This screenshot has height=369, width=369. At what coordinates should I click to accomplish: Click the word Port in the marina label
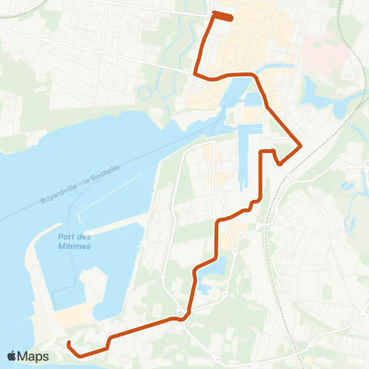66,237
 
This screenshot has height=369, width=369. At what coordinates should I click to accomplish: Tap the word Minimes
75,246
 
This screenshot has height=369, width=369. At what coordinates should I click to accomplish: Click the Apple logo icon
12,356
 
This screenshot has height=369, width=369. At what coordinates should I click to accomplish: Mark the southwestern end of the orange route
68,343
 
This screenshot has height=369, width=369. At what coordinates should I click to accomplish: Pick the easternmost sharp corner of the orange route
301,145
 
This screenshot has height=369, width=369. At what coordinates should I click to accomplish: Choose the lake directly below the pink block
317,93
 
